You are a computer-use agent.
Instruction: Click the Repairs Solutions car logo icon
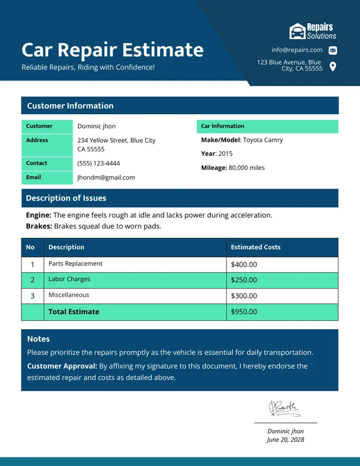(297, 31)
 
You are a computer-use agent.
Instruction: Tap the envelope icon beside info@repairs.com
(332, 50)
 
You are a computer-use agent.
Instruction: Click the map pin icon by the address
(332, 66)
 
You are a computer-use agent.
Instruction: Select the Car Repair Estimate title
(112, 50)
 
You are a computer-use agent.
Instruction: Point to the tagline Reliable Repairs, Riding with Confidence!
(88, 68)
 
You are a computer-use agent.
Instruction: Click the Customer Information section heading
(70, 106)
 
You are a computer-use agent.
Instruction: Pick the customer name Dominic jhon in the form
(96, 127)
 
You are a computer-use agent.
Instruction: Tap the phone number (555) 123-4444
(98, 163)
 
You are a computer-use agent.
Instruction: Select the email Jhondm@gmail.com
(106, 177)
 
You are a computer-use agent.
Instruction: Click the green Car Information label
(223, 126)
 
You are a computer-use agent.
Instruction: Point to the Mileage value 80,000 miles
(246, 168)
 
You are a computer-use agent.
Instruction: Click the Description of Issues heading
(66, 198)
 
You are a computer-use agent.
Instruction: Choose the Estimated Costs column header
(255, 247)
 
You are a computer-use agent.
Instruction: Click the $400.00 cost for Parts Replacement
(244, 265)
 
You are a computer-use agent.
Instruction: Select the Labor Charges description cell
(69, 279)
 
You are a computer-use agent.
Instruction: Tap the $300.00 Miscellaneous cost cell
(244, 296)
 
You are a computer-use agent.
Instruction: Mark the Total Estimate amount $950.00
(244, 312)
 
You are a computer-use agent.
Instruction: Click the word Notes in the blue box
(38, 339)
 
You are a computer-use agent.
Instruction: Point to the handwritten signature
(285, 408)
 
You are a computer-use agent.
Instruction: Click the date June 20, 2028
(285, 440)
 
